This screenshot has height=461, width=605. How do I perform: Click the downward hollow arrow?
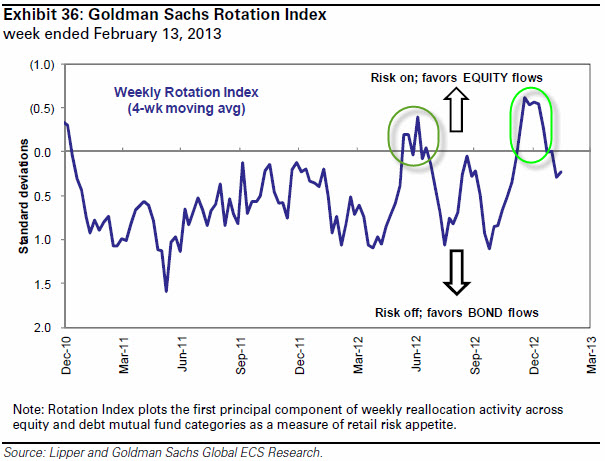coord(456,272)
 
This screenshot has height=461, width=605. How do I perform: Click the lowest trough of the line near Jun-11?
coord(166,291)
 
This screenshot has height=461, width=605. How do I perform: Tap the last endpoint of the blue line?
coord(562,171)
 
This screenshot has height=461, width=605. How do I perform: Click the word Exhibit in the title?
coord(26,14)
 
